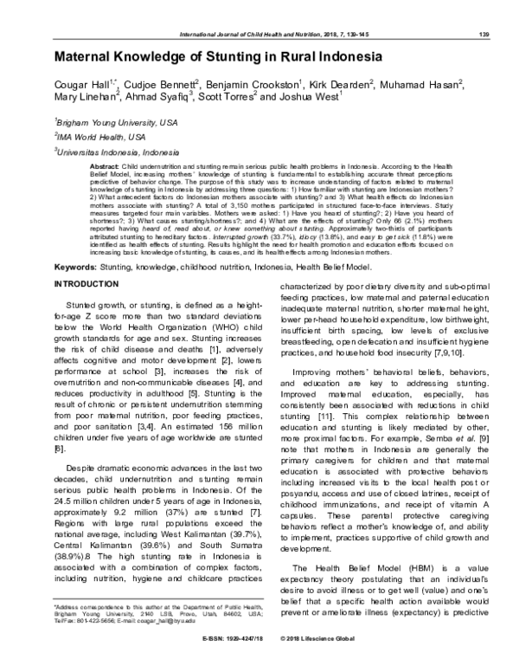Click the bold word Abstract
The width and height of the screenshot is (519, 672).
click(105, 165)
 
